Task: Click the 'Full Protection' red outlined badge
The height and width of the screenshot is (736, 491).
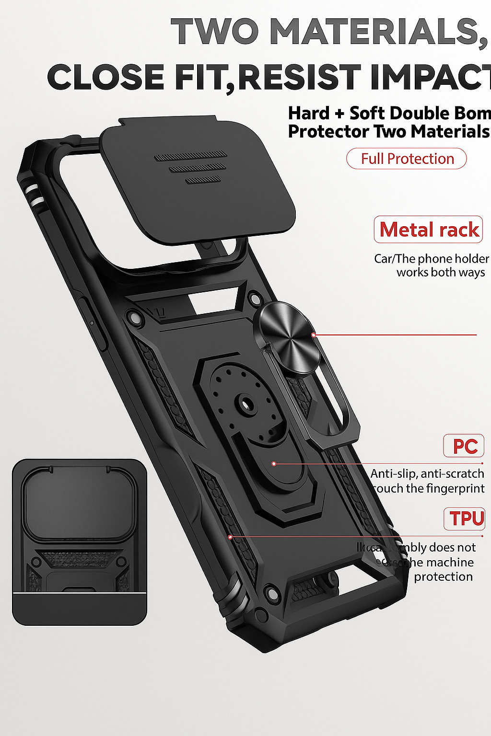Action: click(407, 159)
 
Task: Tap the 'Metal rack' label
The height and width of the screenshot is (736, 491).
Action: click(429, 230)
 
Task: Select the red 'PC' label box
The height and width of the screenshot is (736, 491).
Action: click(464, 446)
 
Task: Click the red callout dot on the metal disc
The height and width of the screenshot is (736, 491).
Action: click(314, 335)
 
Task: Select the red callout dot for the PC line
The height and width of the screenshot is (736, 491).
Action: click(274, 464)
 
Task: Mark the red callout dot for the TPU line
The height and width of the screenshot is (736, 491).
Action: click(231, 537)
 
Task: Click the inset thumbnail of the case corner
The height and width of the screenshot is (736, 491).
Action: click(80, 542)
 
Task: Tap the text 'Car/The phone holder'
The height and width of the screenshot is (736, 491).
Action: click(431, 259)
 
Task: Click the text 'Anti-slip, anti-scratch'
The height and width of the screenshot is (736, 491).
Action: click(427, 473)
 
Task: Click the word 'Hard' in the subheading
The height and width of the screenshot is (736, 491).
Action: click(309, 114)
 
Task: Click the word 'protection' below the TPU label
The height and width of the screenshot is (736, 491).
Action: click(443, 576)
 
